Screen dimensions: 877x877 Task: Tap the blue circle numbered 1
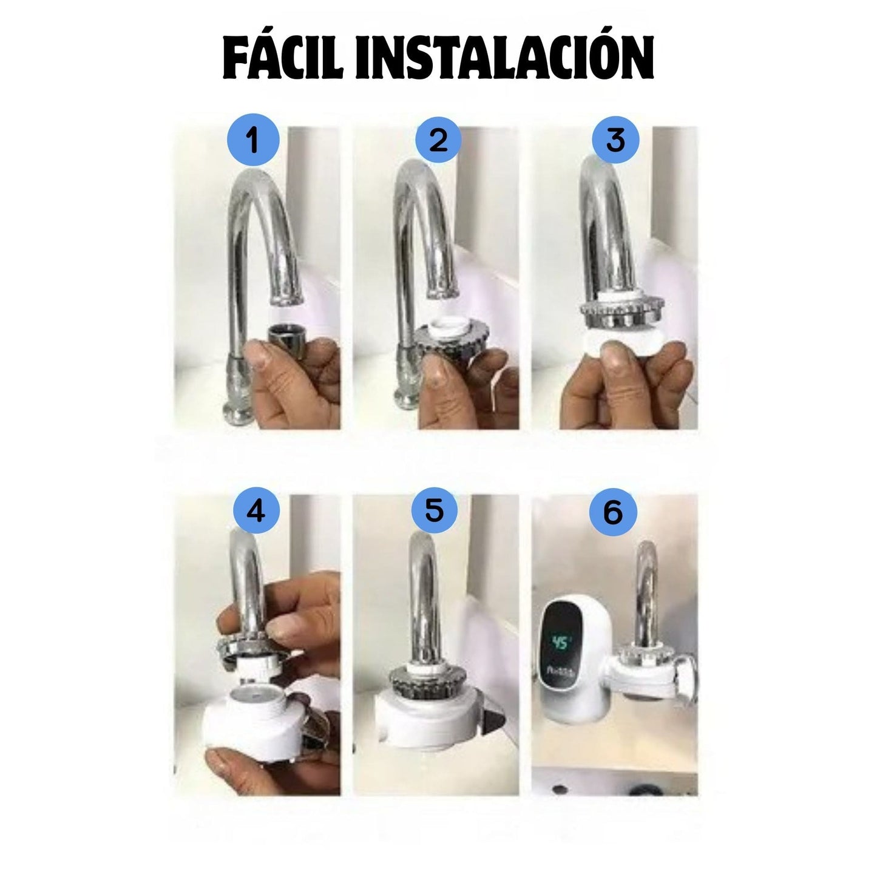point(253,141)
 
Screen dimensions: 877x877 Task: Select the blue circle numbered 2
point(438,141)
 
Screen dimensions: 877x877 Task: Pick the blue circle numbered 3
point(615,141)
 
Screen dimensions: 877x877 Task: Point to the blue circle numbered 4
point(256,511)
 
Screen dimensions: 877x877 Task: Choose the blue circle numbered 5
point(435,511)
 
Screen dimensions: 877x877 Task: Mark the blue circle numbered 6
point(613,512)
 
